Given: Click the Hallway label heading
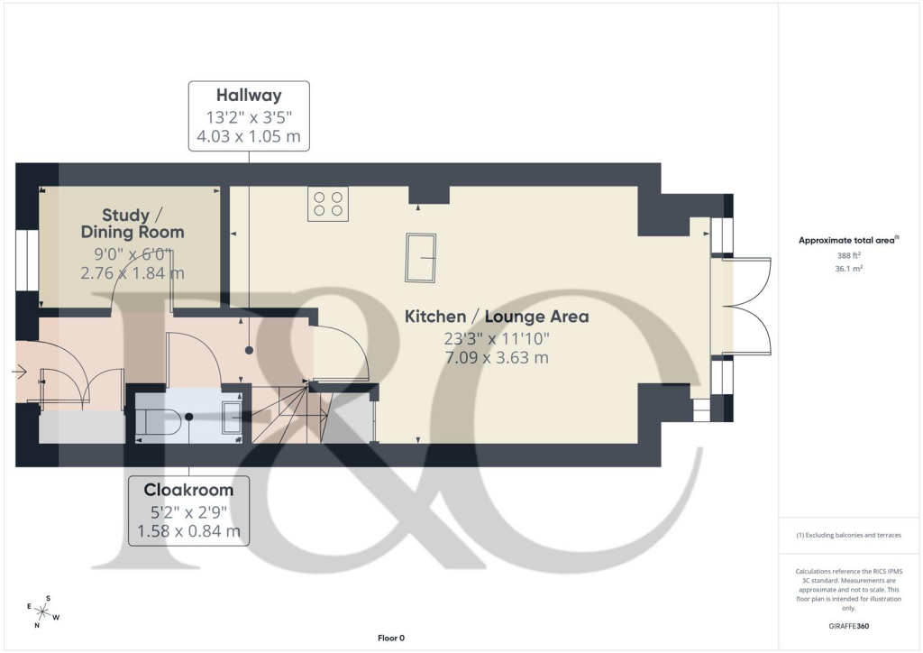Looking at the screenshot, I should click(x=249, y=96).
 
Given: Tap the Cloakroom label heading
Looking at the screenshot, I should click(x=188, y=490).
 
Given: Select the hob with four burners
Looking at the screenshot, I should click(x=327, y=204).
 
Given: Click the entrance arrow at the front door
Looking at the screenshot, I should click(x=19, y=370).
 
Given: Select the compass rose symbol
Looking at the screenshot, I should click(x=41, y=613).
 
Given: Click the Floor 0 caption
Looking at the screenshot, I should click(x=391, y=639).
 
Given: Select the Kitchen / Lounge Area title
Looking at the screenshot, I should click(x=496, y=317).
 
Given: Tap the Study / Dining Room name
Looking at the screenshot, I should click(x=132, y=224).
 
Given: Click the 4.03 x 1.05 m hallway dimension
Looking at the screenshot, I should click(x=249, y=137).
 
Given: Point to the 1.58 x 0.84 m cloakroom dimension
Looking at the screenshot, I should click(x=188, y=531).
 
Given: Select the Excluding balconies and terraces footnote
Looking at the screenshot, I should click(x=848, y=535).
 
